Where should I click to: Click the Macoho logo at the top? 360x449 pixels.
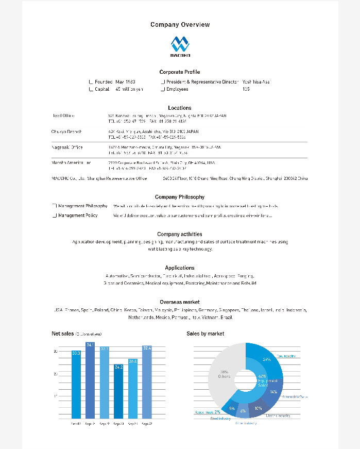[180, 46]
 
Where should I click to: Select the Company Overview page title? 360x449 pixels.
[180, 25]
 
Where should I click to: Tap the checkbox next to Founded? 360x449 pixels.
[91, 82]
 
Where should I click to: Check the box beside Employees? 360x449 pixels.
[163, 89]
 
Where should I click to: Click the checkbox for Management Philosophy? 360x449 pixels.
[55, 206]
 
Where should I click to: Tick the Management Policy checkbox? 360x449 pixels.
[55, 215]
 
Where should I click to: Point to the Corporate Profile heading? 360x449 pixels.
[180, 72]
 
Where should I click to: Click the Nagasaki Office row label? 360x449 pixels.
[67, 147]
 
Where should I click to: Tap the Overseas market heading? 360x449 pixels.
[180, 302]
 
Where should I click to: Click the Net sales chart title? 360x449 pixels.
[63, 334]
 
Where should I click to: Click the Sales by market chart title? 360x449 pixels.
[205, 334]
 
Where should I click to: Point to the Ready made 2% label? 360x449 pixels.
[208, 412]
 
